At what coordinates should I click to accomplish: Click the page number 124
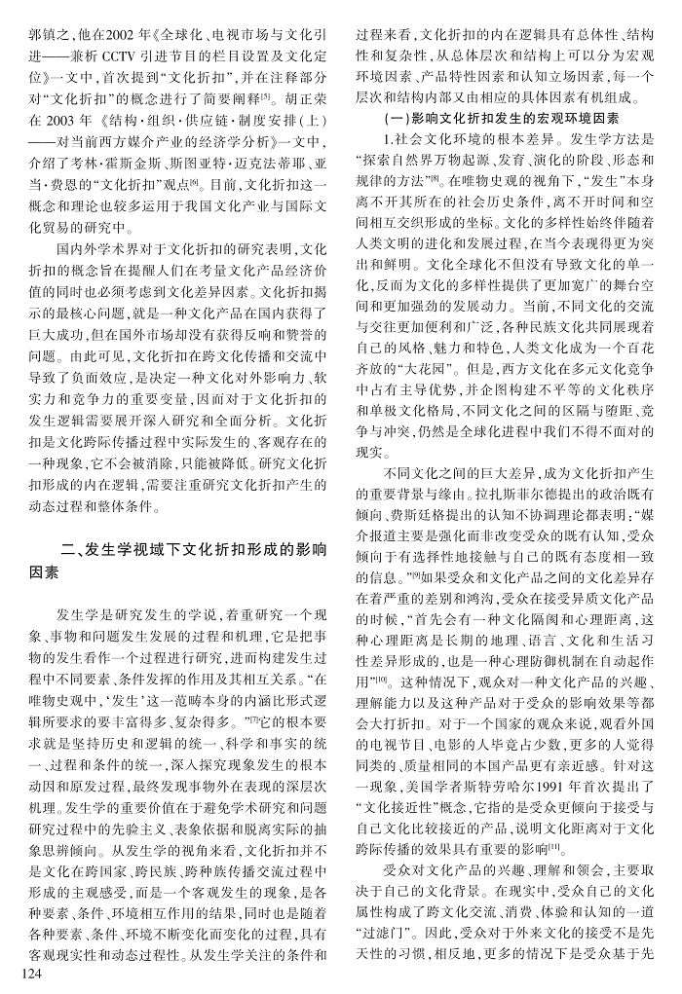click(21, 977)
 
